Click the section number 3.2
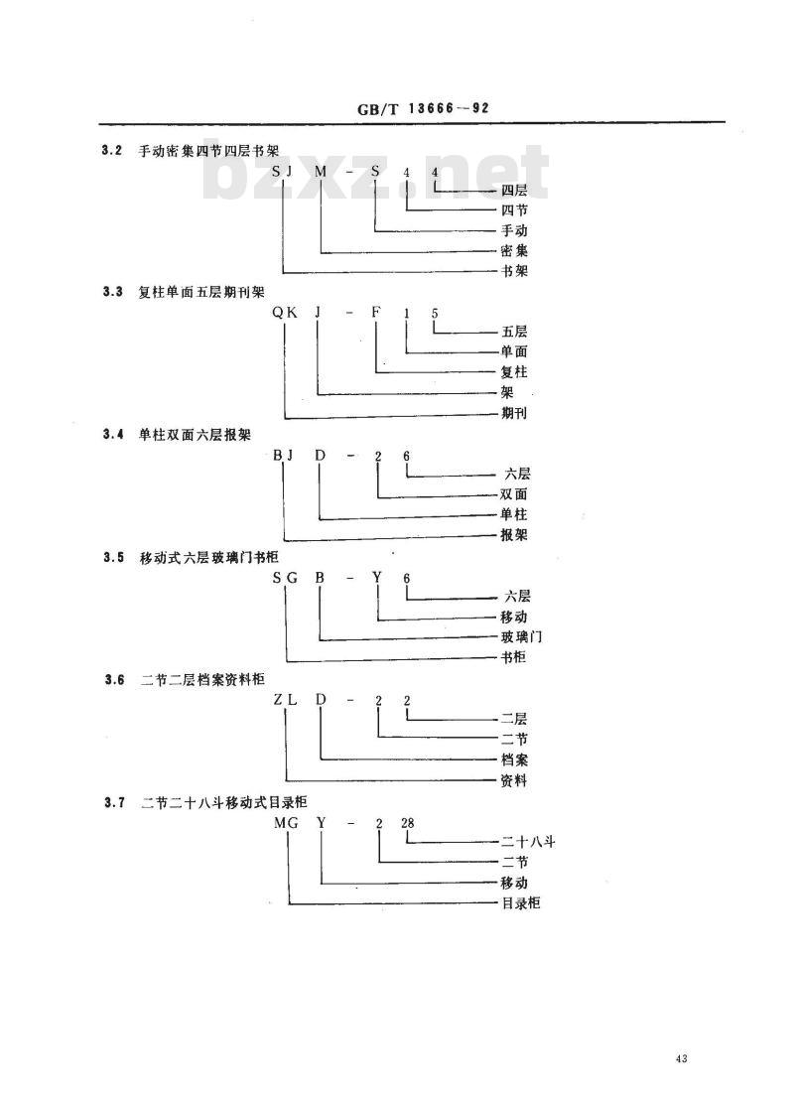pos(112,150)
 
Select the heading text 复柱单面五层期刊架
pos(201,292)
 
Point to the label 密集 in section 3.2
pos(514,251)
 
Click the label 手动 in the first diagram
pos(514,230)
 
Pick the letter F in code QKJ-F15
pos(376,312)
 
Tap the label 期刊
pos(514,413)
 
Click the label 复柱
pos(514,372)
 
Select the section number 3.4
pos(112,434)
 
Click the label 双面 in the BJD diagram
pos(514,494)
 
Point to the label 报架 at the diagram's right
pos(514,535)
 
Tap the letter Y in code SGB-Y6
pos(377,578)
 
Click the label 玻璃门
pos(521,637)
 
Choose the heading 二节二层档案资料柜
pos(202,680)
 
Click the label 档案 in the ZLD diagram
pos(514,759)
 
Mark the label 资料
pos(514,780)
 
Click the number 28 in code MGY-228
pos(408,823)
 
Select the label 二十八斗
pos(528,841)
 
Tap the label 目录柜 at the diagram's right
pos(521,903)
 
